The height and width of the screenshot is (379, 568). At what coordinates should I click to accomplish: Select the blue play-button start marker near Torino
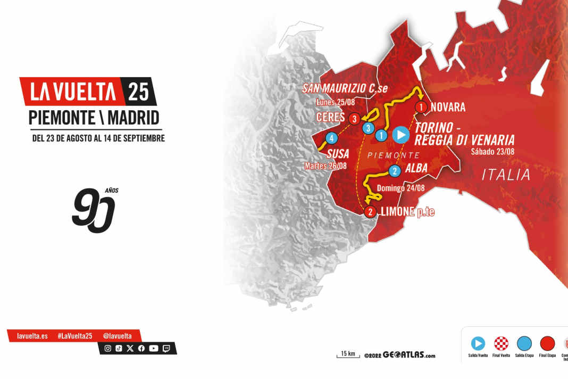pyautogui.click(x=401, y=135)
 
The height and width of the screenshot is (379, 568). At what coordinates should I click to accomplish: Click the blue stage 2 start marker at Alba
pyautogui.click(x=395, y=171)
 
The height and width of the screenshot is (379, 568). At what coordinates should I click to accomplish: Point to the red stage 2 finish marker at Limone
pyautogui.click(x=370, y=212)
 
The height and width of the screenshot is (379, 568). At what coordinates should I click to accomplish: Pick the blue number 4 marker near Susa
pyautogui.click(x=332, y=138)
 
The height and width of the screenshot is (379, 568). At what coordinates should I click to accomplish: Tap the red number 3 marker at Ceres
pyautogui.click(x=353, y=118)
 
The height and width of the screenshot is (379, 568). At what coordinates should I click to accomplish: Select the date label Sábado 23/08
pyautogui.click(x=492, y=151)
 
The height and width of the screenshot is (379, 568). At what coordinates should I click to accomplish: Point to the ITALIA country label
pyautogui.click(x=506, y=175)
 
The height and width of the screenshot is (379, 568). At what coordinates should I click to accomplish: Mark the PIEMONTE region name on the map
pyautogui.click(x=394, y=155)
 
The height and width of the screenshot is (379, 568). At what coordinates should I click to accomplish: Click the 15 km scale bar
pyautogui.click(x=348, y=355)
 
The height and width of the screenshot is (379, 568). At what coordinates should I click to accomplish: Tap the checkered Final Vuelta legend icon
pyautogui.click(x=502, y=343)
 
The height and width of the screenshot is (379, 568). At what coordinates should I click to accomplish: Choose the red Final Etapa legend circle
pyautogui.click(x=547, y=343)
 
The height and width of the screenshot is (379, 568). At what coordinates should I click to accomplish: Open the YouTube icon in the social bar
pyautogui.click(x=154, y=348)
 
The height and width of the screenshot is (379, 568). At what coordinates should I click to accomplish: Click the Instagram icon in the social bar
pyautogui.click(x=108, y=348)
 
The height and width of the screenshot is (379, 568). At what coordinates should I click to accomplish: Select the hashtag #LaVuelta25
pyautogui.click(x=75, y=336)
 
